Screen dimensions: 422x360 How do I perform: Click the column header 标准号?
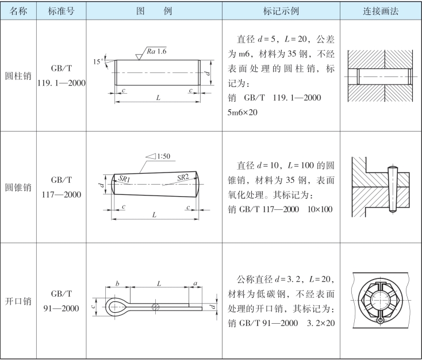click(x=61, y=11)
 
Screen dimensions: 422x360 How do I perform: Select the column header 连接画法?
click(x=381, y=11)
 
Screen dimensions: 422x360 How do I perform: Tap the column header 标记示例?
click(x=281, y=11)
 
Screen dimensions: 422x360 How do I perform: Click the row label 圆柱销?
click(x=18, y=76)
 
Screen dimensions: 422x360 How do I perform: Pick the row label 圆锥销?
click(x=18, y=187)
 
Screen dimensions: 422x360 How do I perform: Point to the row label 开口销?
click(x=18, y=301)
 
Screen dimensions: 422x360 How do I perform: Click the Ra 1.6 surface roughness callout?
click(x=156, y=51)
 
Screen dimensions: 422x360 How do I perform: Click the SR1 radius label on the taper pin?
click(x=124, y=178)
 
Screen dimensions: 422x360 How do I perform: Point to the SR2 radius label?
click(x=183, y=178)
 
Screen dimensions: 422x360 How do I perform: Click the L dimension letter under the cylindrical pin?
click(x=158, y=97)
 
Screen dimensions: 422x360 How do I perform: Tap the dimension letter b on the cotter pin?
click(x=117, y=284)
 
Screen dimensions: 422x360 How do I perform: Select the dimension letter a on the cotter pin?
click(x=195, y=284)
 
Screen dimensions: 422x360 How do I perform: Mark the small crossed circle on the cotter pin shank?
click(x=156, y=307)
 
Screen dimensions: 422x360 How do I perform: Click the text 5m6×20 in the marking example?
click(x=242, y=112)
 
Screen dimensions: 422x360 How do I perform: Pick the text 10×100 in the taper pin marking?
click(x=320, y=209)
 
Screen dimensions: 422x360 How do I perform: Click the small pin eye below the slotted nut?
click(x=380, y=320)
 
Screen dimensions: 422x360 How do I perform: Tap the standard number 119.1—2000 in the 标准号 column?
click(x=62, y=83)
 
